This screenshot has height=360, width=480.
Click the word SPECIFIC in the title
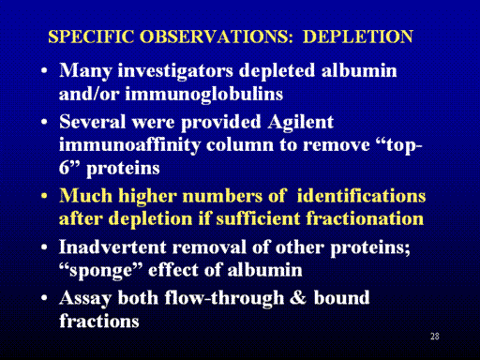pos(91,37)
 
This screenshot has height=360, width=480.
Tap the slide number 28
pos(435,337)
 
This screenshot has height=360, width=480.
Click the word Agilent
pos(301,122)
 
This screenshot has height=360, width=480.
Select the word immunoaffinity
pos(129,145)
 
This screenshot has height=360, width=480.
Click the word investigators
pos(175,70)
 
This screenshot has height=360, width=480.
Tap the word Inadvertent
pos(112,247)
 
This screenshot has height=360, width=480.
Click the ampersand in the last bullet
pos(298,297)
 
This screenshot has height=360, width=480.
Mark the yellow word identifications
pos(361,196)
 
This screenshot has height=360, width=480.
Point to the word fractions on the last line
pos(99,321)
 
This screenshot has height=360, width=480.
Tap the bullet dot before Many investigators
pos(44,70)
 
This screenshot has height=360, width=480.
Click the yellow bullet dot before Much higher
pos(44,196)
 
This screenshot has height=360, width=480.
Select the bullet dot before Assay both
pos(44,298)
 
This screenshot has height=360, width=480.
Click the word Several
pos(93,122)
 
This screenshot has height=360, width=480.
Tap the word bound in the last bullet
pos(341,297)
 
